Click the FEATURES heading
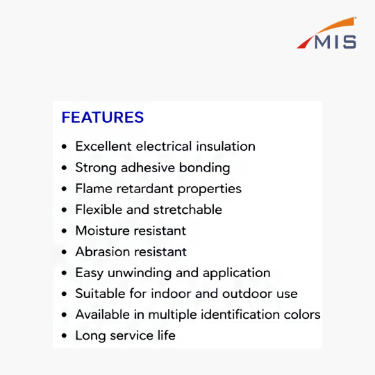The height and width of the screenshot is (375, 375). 103,117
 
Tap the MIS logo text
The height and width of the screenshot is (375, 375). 335,42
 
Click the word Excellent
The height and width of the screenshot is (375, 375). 103,146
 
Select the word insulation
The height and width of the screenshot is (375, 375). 226,146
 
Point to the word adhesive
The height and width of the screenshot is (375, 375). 148,167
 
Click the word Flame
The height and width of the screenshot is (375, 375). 94,188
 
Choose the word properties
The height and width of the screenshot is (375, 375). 210,189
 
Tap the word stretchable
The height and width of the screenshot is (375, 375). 187,210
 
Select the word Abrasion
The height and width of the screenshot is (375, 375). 102,251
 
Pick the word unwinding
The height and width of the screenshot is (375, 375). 140,273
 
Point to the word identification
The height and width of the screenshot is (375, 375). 240,315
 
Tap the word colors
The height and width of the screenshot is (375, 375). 302,315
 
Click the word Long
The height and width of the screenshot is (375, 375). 90,336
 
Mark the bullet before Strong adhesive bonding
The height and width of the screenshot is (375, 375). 64,167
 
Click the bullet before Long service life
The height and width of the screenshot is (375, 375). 64,336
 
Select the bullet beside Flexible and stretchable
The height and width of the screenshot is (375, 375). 64,210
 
